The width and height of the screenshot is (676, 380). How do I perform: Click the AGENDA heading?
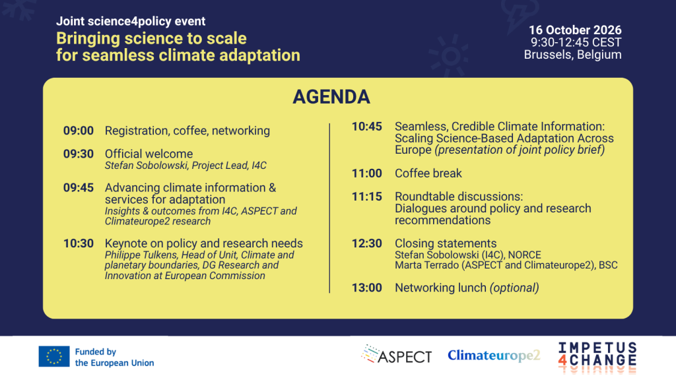(331, 97)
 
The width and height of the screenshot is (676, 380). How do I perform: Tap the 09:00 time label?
(79, 131)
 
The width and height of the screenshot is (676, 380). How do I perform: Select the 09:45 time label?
(79, 188)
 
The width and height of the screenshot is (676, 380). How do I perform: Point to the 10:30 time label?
(79, 243)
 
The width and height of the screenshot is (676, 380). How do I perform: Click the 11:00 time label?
(367, 174)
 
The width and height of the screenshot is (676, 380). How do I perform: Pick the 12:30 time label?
(367, 243)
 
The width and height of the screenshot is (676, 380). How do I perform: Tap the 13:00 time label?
(367, 288)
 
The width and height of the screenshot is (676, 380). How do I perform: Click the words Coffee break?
(428, 174)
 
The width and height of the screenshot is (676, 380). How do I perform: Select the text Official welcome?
(149, 154)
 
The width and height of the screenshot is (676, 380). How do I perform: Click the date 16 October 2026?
(575, 30)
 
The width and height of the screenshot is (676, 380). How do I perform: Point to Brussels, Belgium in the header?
(572, 55)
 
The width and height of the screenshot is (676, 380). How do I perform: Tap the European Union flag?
(54, 356)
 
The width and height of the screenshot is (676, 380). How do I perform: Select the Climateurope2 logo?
(494, 355)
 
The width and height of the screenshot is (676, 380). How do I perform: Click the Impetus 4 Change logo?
(597, 358)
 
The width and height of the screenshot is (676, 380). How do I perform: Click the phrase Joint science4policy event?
(131, 21)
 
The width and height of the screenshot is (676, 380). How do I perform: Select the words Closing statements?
(446, 243)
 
